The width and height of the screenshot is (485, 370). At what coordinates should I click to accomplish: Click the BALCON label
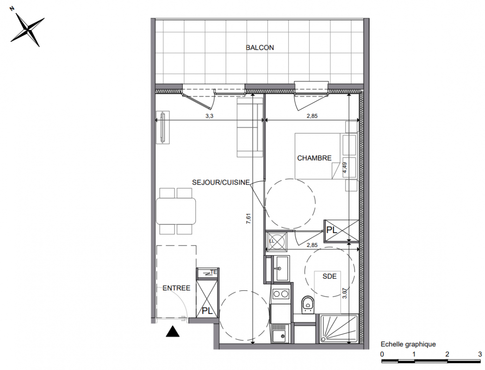(260, 48)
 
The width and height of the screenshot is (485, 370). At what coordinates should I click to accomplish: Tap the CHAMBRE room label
(314, 158)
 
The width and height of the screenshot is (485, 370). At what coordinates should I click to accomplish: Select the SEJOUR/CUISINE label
(221, 182)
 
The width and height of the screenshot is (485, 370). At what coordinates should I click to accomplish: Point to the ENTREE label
(176, 288)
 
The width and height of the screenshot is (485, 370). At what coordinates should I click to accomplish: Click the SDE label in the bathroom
(330, 276)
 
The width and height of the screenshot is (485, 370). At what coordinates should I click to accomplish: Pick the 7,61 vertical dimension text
(249, 219)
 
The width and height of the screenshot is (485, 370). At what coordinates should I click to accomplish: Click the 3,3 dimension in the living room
(209, 116)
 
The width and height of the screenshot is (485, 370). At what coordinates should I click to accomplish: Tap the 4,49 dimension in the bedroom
(345, 168)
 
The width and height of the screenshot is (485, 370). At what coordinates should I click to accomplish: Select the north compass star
(27, 29)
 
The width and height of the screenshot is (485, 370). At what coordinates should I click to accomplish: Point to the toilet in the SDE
(308, 305)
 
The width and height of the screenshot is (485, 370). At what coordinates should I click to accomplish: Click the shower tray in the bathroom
(339, 329)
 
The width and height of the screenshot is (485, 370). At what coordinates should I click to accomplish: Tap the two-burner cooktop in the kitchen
(281, 294)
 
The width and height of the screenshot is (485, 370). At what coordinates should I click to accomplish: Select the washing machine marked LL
(277, 241)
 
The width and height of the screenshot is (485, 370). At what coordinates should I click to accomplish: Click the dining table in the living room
(176, 211)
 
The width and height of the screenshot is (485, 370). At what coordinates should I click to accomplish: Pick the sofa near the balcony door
(250, 127)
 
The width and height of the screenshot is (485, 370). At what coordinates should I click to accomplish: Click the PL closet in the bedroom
(341, 231)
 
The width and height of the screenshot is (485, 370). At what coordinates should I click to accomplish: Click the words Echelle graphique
(408, 345)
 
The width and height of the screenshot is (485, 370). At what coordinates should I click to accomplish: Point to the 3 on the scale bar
(480, 354)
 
